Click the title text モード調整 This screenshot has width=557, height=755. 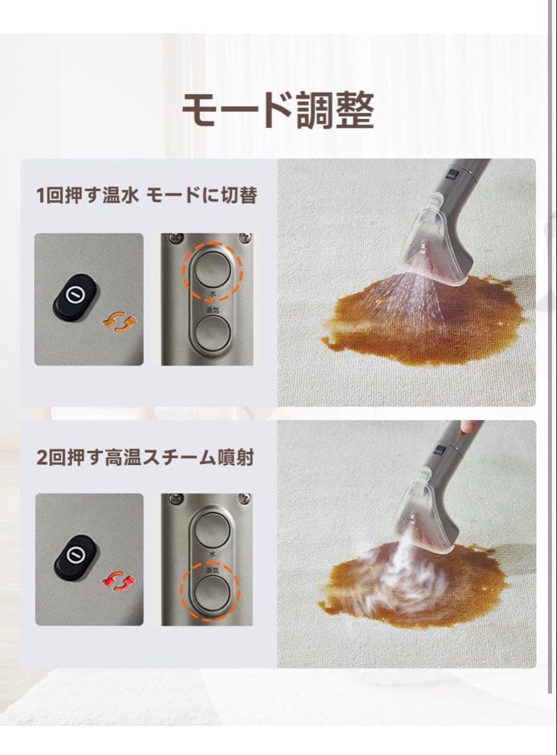pos(278,110)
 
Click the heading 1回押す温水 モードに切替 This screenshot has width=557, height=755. pos(147,195)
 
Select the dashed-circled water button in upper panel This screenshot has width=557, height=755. pos(211,268)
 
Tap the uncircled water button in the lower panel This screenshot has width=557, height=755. pos(211,529)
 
